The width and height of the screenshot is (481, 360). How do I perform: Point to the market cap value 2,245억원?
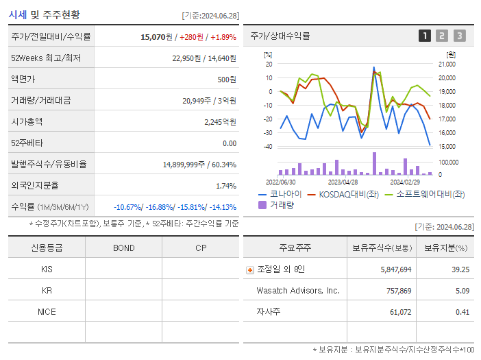[220, 121]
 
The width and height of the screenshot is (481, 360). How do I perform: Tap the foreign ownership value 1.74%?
[225, 186]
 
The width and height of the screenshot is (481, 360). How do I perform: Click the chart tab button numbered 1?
[425, 36]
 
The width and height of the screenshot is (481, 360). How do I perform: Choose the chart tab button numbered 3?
[459, 36]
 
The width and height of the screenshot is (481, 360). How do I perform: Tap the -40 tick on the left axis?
[268, 147]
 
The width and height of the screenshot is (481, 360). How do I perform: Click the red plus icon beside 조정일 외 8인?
[250, 270]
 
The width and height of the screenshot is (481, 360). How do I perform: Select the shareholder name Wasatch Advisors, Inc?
[298, 291]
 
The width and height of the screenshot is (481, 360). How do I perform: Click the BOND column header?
[123, 248]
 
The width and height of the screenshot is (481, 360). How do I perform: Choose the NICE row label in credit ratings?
[47, 312]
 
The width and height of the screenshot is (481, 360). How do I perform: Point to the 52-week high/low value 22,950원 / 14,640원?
[204, 58]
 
